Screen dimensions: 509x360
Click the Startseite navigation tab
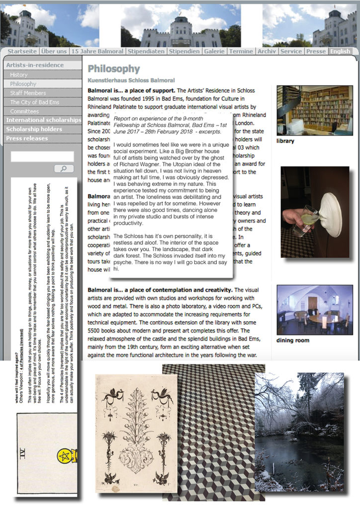point(22,51)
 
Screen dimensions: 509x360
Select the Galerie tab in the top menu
point(214,51)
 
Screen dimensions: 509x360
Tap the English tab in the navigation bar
point(340,51)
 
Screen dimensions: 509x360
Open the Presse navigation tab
point(316,51)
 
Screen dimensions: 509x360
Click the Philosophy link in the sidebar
point(23,84)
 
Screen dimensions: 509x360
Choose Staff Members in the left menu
point(28,93)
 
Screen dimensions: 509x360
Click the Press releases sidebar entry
point(27,138)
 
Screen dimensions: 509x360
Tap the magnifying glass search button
point(63,169)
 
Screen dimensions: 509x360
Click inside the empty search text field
point(42,157)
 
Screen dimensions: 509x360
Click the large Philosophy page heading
point(113,69)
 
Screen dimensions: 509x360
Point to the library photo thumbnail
point(315,110)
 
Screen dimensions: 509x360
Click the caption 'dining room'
point(293,340)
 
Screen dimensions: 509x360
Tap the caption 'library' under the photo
point(285,141)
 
